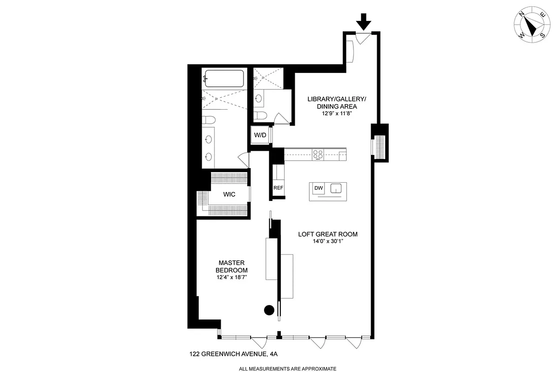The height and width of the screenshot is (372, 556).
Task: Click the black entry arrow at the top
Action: [x=364, y=21]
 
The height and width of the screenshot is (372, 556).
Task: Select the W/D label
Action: [x=260, y=135]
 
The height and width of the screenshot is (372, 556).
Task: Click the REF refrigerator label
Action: [x=278, y=188]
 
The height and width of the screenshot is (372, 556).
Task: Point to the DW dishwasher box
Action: [x=319, y=188]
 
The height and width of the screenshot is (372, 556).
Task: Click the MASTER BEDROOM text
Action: [x=231, y=266]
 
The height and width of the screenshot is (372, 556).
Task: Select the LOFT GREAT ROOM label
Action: [x=328, y=234]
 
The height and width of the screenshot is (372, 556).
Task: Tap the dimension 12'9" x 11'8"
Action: [x=338, y=113]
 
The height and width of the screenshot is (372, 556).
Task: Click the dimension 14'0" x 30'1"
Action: [x=328, y=242]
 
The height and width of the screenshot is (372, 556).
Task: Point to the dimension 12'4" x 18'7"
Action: [x=231, y=277]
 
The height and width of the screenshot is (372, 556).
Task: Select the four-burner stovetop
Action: [x=318, y=154]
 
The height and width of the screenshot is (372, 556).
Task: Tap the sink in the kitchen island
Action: [x=336, y=188]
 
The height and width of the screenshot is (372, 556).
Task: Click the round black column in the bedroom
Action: [x=269, y=310]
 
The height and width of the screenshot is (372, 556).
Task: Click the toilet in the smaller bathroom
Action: [x=260, y=115]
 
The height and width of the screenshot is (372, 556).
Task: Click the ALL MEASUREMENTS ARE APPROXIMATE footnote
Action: [x=287, y=368]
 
